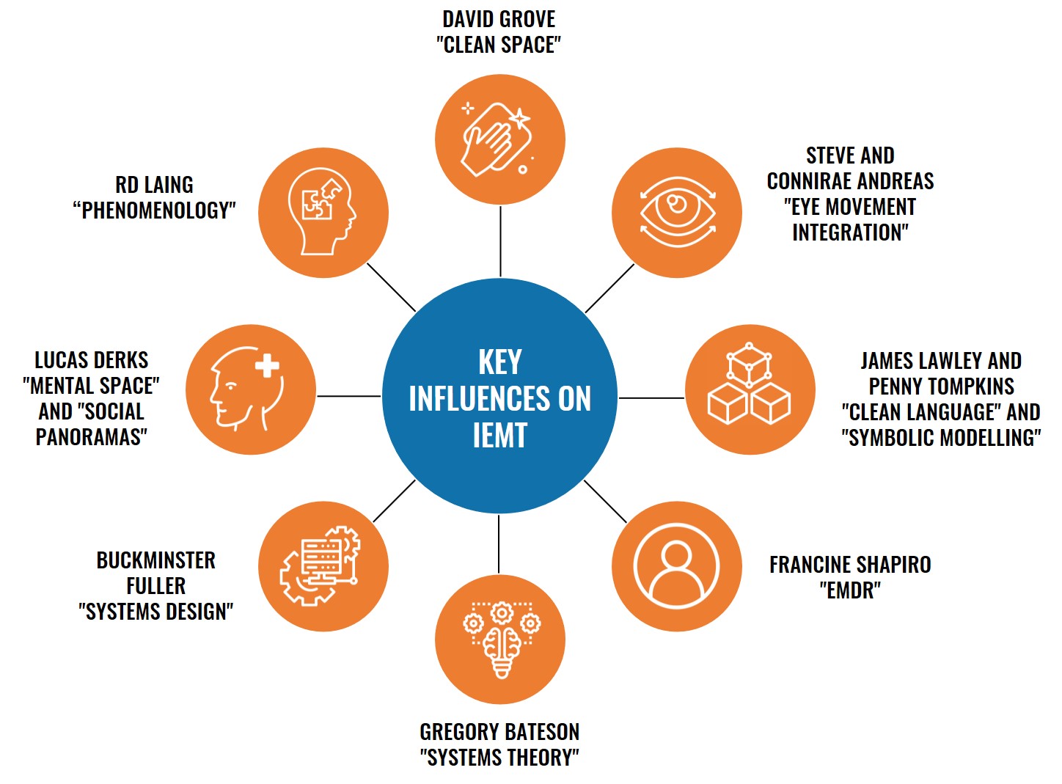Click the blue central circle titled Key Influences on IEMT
(499, 396)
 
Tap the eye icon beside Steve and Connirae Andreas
(678, 212)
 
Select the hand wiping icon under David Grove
(498, 139)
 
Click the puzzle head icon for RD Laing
(322, 211)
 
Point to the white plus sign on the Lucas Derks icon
(267, 365)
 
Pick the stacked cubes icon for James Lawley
(750, 384)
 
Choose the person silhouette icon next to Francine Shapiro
(676, 566)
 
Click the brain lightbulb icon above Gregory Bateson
(502, 640)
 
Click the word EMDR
(850, 590)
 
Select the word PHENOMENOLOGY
(154, 210)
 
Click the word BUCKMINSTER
(156, 560)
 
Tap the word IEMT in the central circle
(500, 435)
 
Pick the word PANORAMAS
(92, 437)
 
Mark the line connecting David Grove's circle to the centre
(500, 241)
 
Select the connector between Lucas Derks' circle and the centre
(349, 396)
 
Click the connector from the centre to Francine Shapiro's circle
(605, 502)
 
